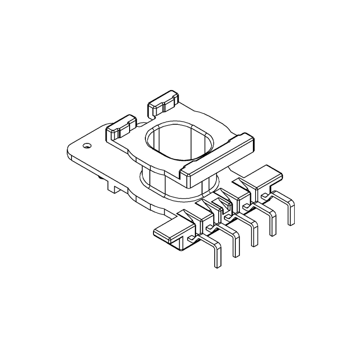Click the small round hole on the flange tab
[86, 145]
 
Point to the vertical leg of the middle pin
[255, 234]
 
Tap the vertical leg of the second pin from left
[236, 245]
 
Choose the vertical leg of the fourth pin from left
[273, 224]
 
